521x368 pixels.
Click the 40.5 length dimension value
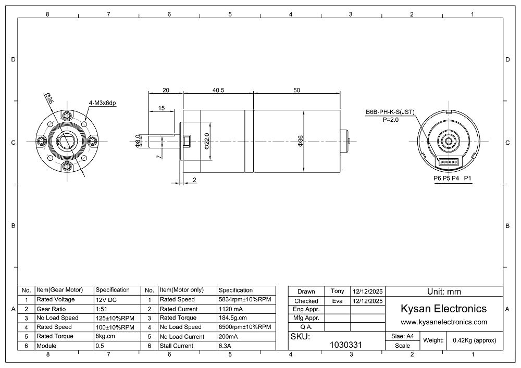[x=218, y=90]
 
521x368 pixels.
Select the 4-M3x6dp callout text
[x=102, y=103]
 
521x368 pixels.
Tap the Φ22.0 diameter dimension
[x=207, y=141]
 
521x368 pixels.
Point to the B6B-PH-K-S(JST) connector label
[x=390, y=112]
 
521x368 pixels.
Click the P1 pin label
[x=467, y=178]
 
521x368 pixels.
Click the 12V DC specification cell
[x=106, y=300]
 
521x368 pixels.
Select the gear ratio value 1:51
[x=102, y=309]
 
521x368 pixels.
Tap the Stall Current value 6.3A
[x=225, y=346]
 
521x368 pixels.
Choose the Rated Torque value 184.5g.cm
[x=232, y=318]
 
